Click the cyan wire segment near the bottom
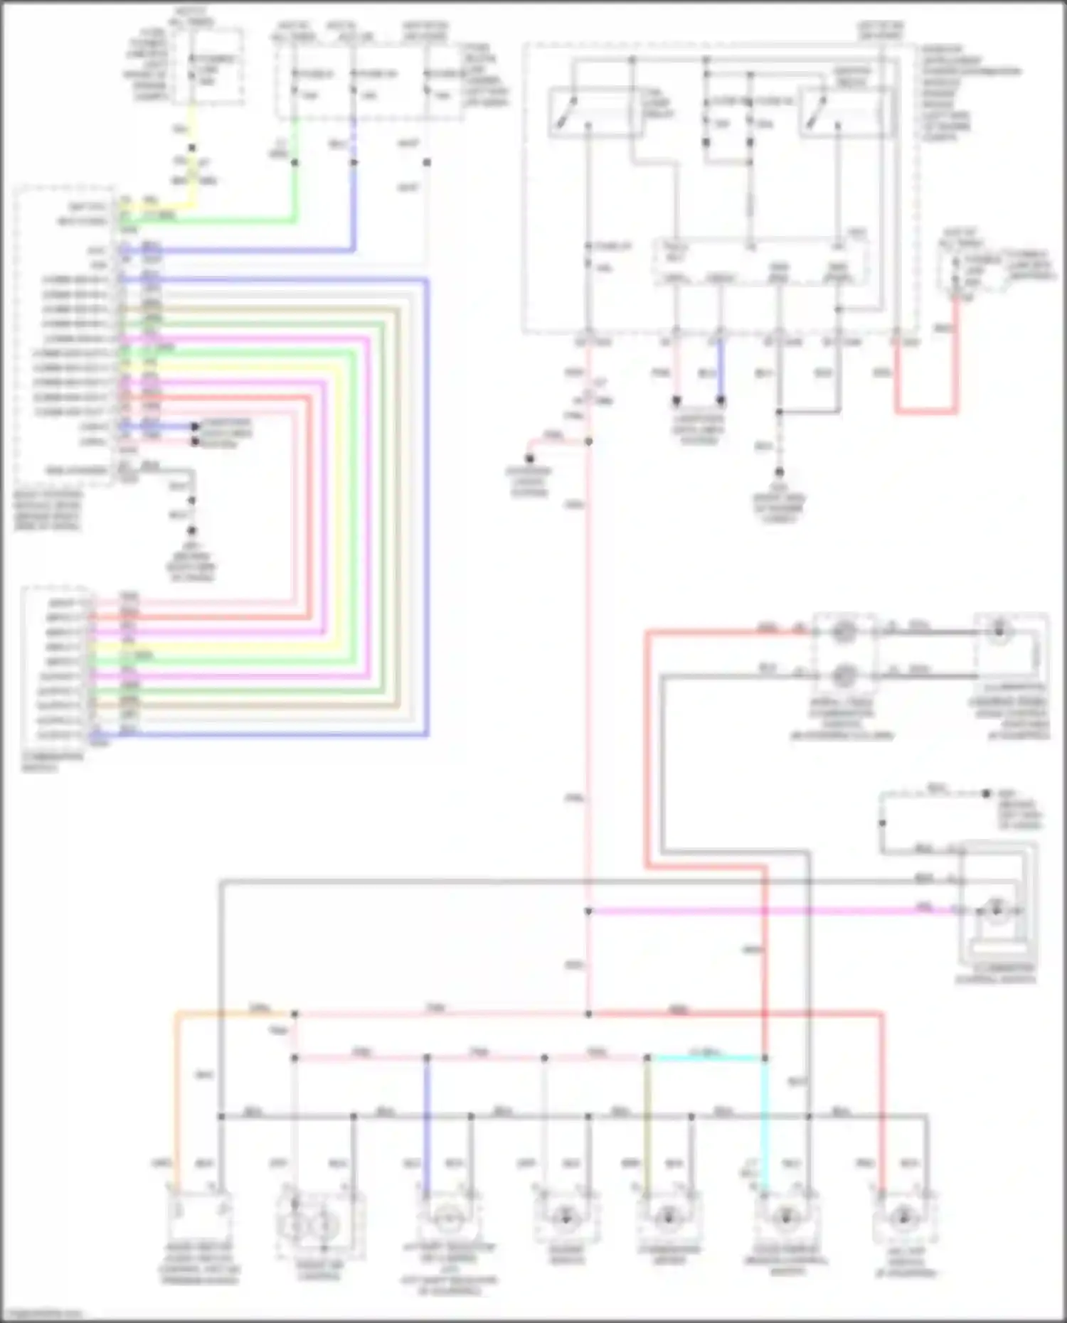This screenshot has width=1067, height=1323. [x=708, y=1058]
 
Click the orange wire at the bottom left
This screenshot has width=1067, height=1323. [x=176, y=1102]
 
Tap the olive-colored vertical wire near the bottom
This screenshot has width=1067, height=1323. [x=647, y=1123]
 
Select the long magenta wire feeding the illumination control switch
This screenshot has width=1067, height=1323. [x=768, y=911]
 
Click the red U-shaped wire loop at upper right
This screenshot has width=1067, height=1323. [x=925, y=410]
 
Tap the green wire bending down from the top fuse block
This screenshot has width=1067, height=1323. [x=294, y=192]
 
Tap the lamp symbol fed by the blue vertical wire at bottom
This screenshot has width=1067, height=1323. [x=447, y=1218]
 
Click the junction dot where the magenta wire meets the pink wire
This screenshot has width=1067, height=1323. [x=588, y=911]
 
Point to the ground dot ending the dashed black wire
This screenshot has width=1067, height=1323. [x=779, y=472]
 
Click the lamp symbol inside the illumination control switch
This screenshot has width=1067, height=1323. [x=996, y=909]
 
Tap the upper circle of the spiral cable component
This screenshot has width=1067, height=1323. [x=844, y=631]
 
